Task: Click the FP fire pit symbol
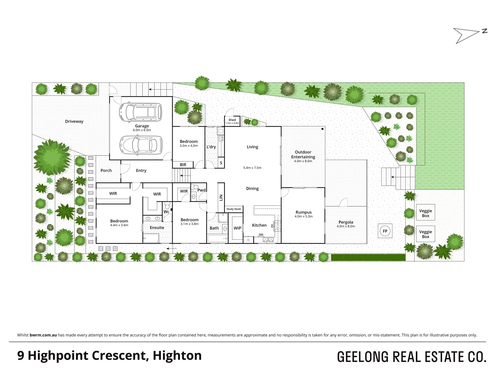click(385, 231)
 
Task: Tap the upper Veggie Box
click(426, 213)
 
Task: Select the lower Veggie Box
click(426, 234)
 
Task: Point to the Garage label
click(142, 126)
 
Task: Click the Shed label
click(232, 120)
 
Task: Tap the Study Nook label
click(234, 209)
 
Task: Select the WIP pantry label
click(237, 228)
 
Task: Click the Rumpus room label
click(304, 212)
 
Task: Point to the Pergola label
click(346, 222)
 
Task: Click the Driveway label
click(74, 121)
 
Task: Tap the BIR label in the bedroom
click(183, 165)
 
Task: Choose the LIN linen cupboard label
click(221, 198)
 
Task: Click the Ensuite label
click(157, 227)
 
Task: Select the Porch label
click(106, 170)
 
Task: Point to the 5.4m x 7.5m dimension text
click(252, 168)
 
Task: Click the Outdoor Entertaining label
click(303, 155)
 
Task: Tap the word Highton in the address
click(177, 356)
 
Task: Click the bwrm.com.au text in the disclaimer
click(43, 335)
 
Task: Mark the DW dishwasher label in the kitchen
click(261, 235)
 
